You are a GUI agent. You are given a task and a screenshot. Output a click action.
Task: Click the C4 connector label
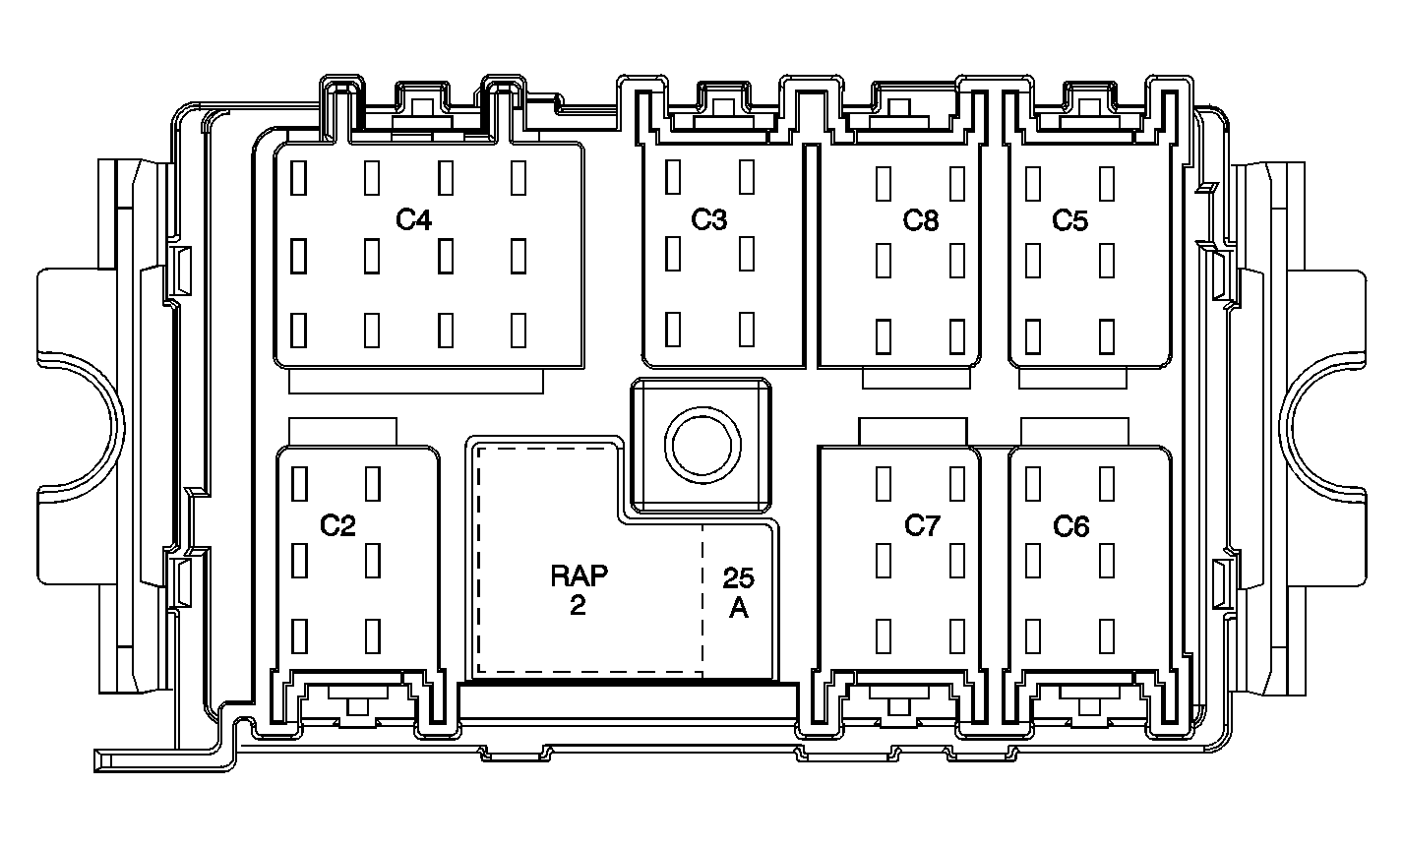click(413, 220)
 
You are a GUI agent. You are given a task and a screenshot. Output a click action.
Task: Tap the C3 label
click(709, 220)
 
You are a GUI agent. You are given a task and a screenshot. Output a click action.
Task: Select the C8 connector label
click(921, 220)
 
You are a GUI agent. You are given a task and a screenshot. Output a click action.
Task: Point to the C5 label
click(1069, 220)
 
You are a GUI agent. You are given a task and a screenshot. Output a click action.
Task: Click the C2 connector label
click(337, 525)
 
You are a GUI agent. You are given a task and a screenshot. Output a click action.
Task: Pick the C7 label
click(923, 525)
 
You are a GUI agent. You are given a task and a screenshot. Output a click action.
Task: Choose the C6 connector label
click(1071, 526)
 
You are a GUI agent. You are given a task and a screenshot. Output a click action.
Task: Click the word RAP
click(580, 576)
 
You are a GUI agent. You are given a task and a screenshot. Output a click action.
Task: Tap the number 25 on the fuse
click(738, 578)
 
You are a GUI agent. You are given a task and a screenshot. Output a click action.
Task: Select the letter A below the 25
click(738, 607)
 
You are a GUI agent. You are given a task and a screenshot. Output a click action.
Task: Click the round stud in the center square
click(702, 446)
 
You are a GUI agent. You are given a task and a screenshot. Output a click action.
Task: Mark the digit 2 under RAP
click(578, 605)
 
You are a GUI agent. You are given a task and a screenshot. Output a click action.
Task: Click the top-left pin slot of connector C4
click(298, 178)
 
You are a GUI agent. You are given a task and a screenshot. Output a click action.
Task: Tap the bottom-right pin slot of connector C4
click(519, 330)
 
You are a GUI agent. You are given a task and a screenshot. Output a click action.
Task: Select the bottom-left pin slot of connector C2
click(300, 636)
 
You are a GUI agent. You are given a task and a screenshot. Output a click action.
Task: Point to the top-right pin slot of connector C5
click(1107, 184)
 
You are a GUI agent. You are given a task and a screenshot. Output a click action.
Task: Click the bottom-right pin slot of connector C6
click(1107, 636)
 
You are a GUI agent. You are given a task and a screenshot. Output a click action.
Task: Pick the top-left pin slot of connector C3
click(673, 177)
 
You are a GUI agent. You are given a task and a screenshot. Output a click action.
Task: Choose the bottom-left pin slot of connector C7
click(884, 636)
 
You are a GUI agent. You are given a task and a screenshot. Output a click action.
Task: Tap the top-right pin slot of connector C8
click(957, 184)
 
